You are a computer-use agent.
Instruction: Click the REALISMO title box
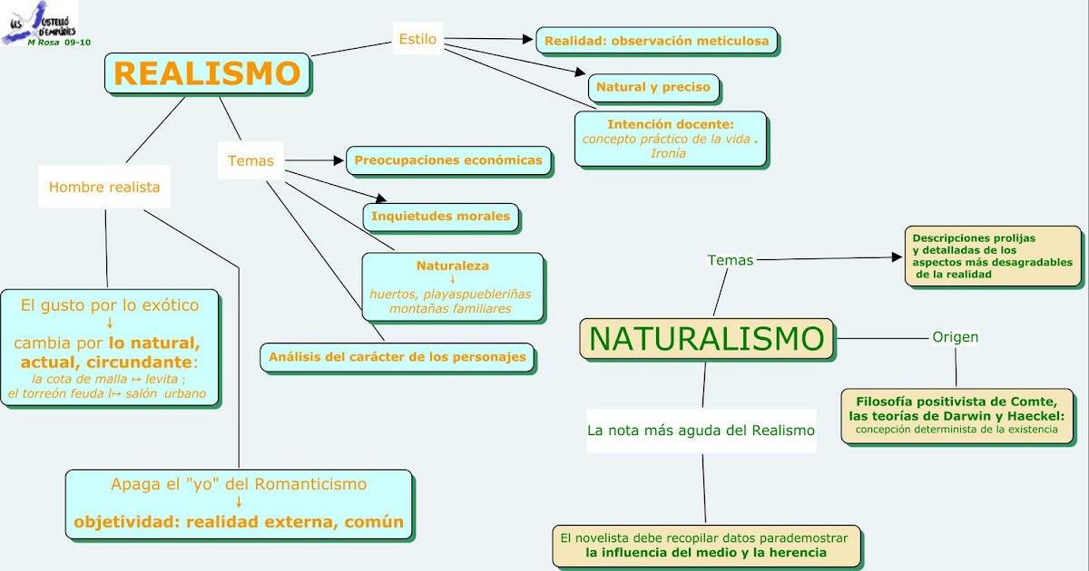(207, 73)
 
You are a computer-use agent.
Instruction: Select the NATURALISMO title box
(706, 339)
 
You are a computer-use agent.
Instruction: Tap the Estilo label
(417, 39)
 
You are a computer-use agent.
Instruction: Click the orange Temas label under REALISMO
(250, 160)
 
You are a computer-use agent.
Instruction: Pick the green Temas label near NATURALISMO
(730, 260)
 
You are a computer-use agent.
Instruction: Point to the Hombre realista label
(104, 188)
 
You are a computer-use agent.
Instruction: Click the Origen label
(955, 337)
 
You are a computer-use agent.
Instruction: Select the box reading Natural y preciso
(653, 88)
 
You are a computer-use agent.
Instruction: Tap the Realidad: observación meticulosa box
(656, 41)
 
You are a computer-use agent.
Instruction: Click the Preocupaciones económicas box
(448, 160)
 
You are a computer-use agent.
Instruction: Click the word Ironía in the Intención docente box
(668, 153)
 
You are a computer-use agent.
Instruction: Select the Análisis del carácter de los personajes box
(397, 357)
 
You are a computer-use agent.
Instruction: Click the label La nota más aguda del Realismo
(701, 431)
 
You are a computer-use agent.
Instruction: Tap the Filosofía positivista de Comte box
(957, 415)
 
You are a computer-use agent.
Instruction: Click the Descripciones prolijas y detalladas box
(993, 256)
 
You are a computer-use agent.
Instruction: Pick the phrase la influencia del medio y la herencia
(706, 552)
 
